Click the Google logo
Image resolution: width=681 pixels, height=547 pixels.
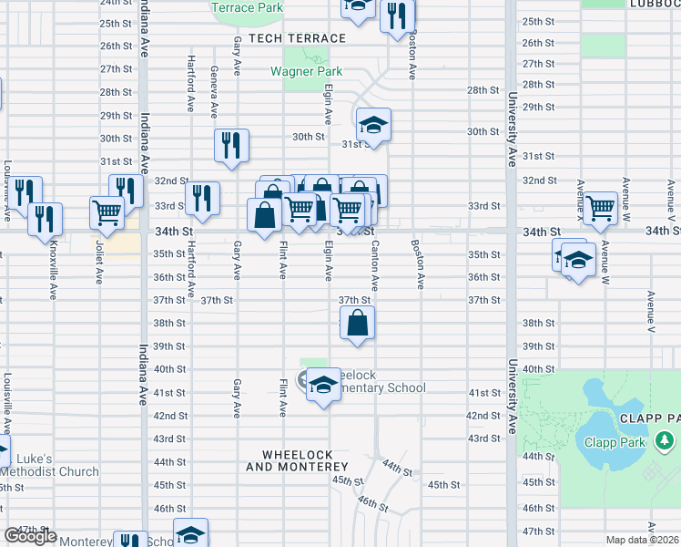30,536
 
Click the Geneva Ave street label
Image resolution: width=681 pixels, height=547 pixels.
214,93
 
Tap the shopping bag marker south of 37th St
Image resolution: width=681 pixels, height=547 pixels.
358,323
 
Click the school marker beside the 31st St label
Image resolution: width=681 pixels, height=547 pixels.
373,125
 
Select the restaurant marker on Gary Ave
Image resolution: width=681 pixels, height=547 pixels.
231,145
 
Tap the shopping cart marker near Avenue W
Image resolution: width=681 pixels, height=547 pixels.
601,208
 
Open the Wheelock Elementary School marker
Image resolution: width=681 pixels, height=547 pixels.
322,385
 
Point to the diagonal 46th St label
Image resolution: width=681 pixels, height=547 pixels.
372,503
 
